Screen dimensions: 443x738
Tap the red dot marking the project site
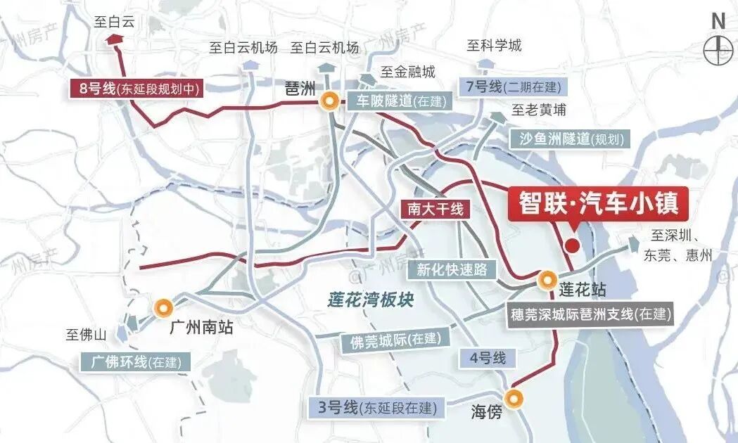(x=573, y=245)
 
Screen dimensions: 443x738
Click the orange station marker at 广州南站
(x=163, y=307)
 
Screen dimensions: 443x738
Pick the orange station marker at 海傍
(x=516, y=399)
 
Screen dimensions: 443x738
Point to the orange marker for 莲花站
(x=547, y=280)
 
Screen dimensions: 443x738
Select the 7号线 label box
(x=511, y=87)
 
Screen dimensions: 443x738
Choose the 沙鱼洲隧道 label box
(x=571, y=139)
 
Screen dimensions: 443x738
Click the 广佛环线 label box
(x=136, y=362)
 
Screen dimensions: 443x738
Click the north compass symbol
(x=718, y=49)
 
